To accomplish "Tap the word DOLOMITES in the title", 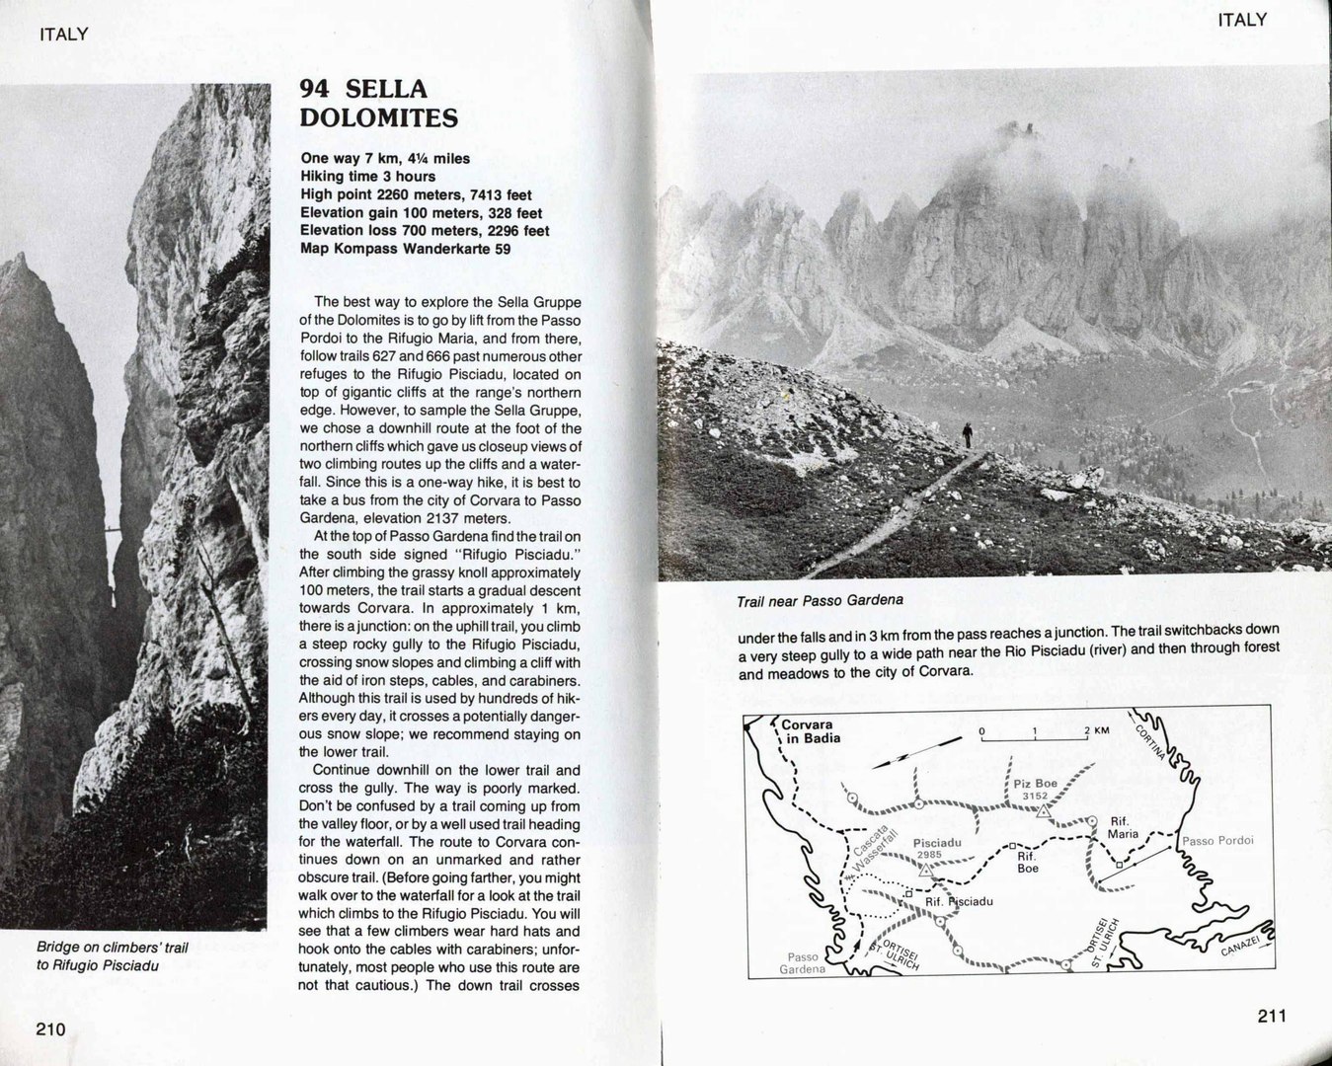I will (379, 119).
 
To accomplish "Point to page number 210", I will (50, 1030).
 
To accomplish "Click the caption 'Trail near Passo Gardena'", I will (820, 600).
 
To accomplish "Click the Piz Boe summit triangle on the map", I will (1043, 811).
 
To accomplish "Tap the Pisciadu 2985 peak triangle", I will (925, 871).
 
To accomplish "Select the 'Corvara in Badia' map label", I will (808, 731).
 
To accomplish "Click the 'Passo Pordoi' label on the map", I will (1217, 841).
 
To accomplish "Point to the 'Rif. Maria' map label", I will (1124, 827).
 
